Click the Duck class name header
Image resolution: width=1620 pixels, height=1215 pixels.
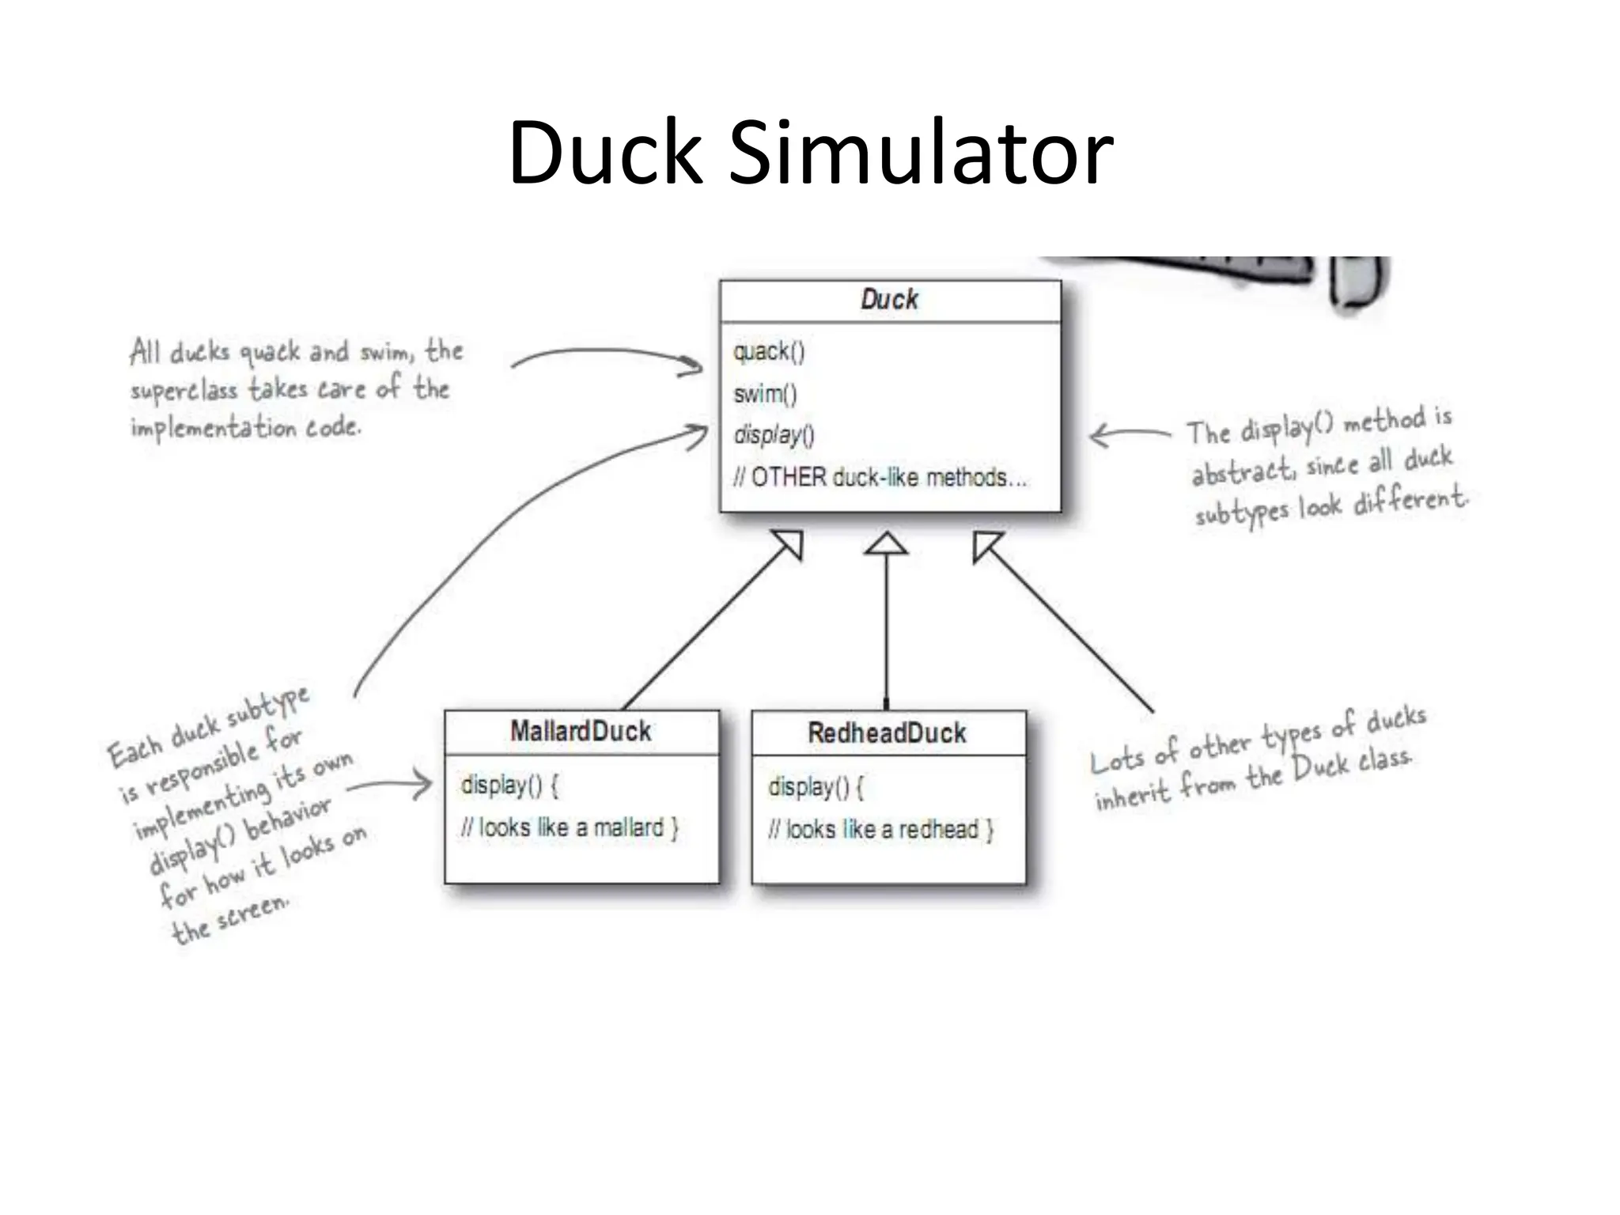point(889,300)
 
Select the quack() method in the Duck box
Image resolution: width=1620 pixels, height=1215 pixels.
point(768,351)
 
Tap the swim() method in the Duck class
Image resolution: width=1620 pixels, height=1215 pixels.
point(765,393)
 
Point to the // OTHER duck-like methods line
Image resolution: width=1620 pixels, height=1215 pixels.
point(880,478)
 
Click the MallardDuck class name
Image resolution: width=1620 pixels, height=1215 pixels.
point(581,731)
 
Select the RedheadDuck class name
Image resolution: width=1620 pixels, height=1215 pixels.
point(887,732)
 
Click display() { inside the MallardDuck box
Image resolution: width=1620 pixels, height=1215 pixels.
point(509,785)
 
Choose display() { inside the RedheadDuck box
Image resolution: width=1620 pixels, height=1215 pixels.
point(816,787)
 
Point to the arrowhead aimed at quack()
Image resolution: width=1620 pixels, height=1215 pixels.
point(692,365)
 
